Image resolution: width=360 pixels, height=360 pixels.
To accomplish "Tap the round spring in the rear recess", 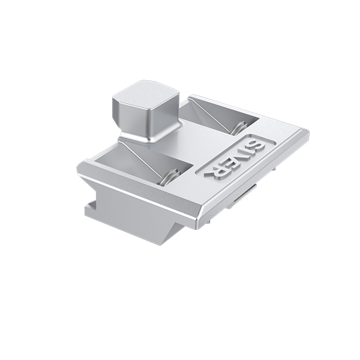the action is tap(239, 128).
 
